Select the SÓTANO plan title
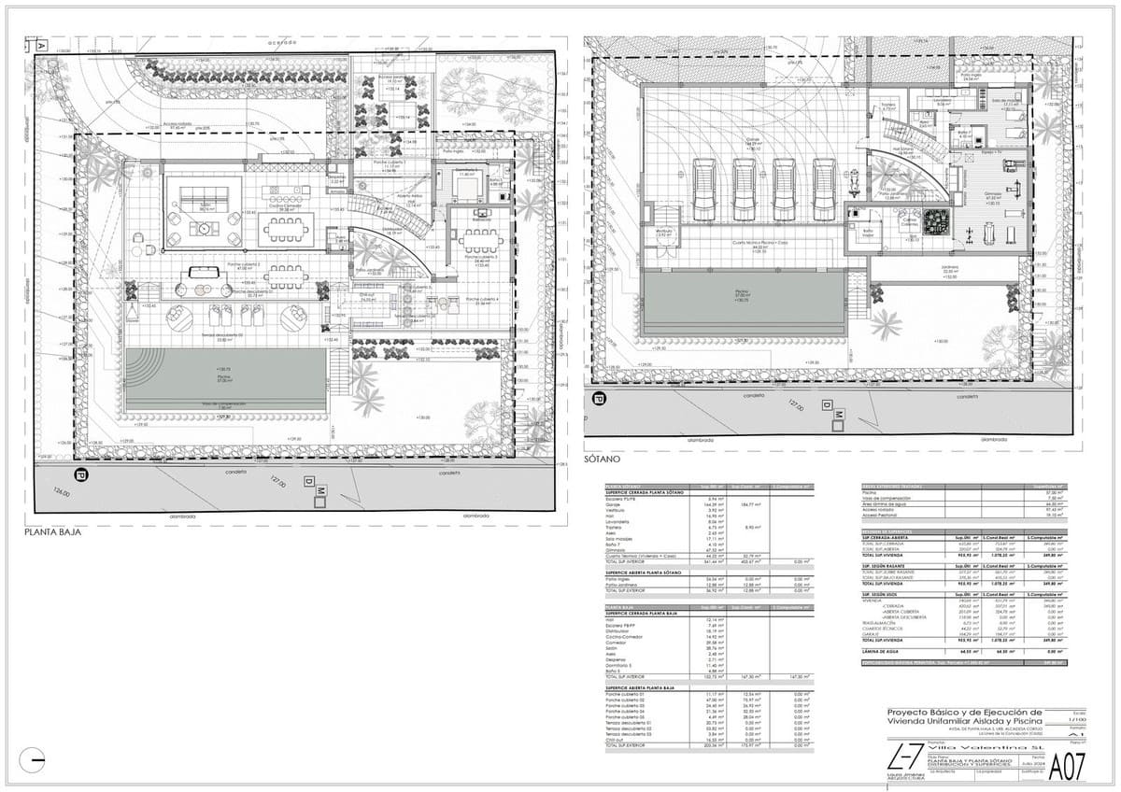603,461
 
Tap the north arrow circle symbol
32,760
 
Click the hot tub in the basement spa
934,224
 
